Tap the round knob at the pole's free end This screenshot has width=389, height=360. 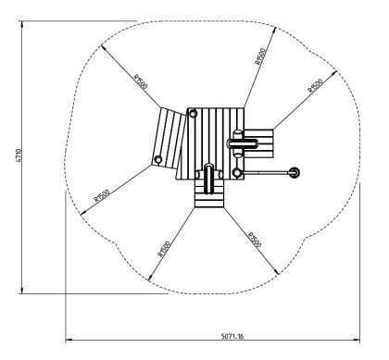(295, 172)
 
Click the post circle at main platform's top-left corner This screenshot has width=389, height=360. (193, 113)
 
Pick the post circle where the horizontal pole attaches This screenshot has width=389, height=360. (239, 172)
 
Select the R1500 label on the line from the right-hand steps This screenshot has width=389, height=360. (315, 90)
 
